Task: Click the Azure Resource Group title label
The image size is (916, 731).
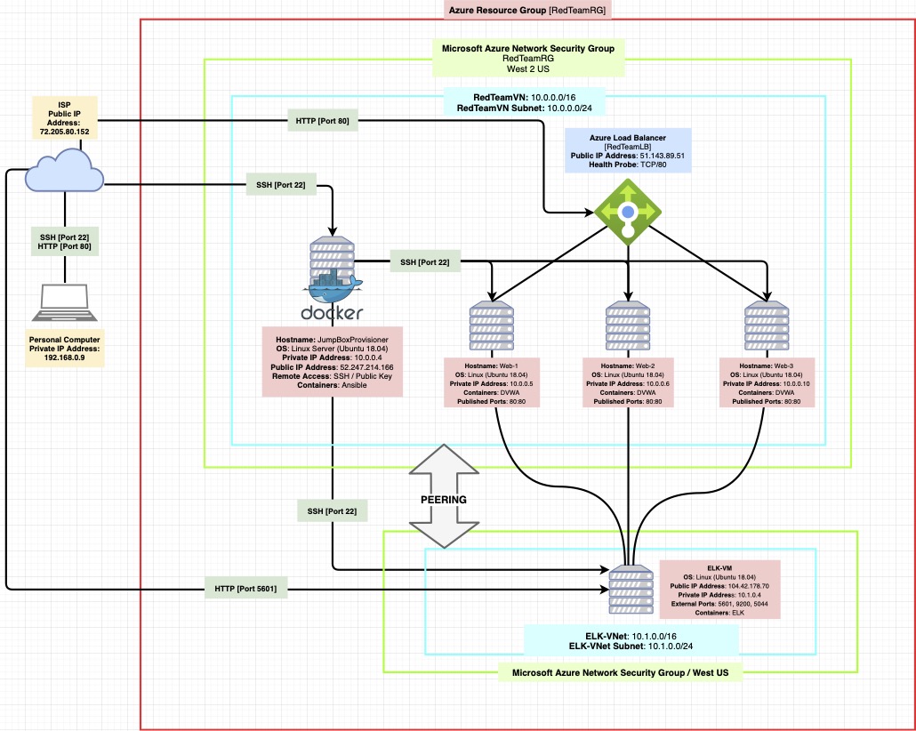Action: pos(528,11)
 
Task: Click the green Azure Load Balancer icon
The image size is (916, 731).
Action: pos(628,212)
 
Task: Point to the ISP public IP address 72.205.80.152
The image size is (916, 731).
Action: pos(64,132)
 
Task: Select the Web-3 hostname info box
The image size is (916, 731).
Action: pos(766,382)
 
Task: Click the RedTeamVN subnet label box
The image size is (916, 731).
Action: pos(526,101)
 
